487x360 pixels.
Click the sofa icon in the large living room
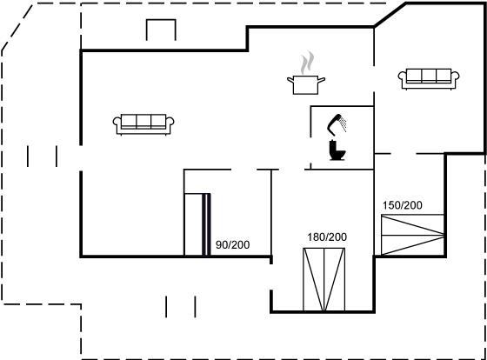(143, 124)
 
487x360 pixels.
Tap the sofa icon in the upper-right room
(429, 79)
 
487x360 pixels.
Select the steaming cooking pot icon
(306, 73)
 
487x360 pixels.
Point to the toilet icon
(337, 150)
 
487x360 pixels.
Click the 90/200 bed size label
(233, 244)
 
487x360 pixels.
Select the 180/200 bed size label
(327, 237)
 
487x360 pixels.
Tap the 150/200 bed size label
(402, 205)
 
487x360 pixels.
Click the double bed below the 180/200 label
(324, 279)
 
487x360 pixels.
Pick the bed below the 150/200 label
(412, 235)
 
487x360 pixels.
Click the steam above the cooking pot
(307, 62)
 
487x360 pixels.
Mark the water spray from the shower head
(343, 123)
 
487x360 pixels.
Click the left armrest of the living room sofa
(117, 122)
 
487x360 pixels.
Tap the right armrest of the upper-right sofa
(455, 77)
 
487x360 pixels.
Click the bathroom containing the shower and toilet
(342, 137)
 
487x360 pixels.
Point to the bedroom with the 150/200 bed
(410, 205)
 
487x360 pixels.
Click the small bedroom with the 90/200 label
(228, 213)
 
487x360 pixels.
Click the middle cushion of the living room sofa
(143, 121)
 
